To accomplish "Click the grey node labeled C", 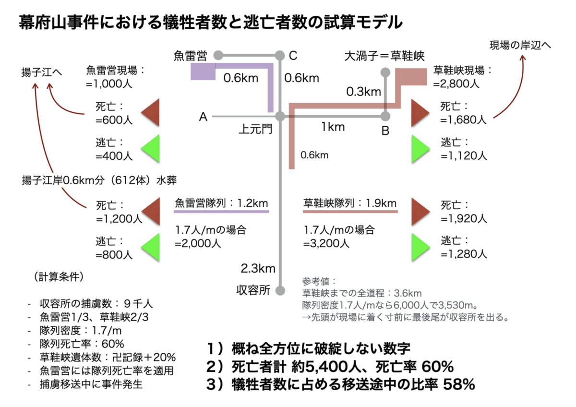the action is tap(280, 55).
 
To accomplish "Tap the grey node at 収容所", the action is tap(280, 290).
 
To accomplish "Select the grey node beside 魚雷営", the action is tap(218, 55).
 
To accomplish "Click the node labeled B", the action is tap(385, 117).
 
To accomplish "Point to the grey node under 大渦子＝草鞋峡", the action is tap(385, 72).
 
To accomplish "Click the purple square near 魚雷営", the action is tap(203, 72).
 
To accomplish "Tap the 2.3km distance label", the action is tap(258, 268).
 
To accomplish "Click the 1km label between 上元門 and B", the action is tap(333, 127).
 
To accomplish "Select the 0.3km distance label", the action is tap(364, 92).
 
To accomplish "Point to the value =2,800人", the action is tap(456, 84).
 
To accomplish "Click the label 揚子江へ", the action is tap(42, 72).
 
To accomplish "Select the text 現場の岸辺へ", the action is tap(520, 45).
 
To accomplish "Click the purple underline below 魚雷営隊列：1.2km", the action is tap(221, 212).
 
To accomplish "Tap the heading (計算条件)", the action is tap(59, 276).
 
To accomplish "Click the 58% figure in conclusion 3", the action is tap(459, 384).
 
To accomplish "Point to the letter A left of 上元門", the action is tap(203, 117).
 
